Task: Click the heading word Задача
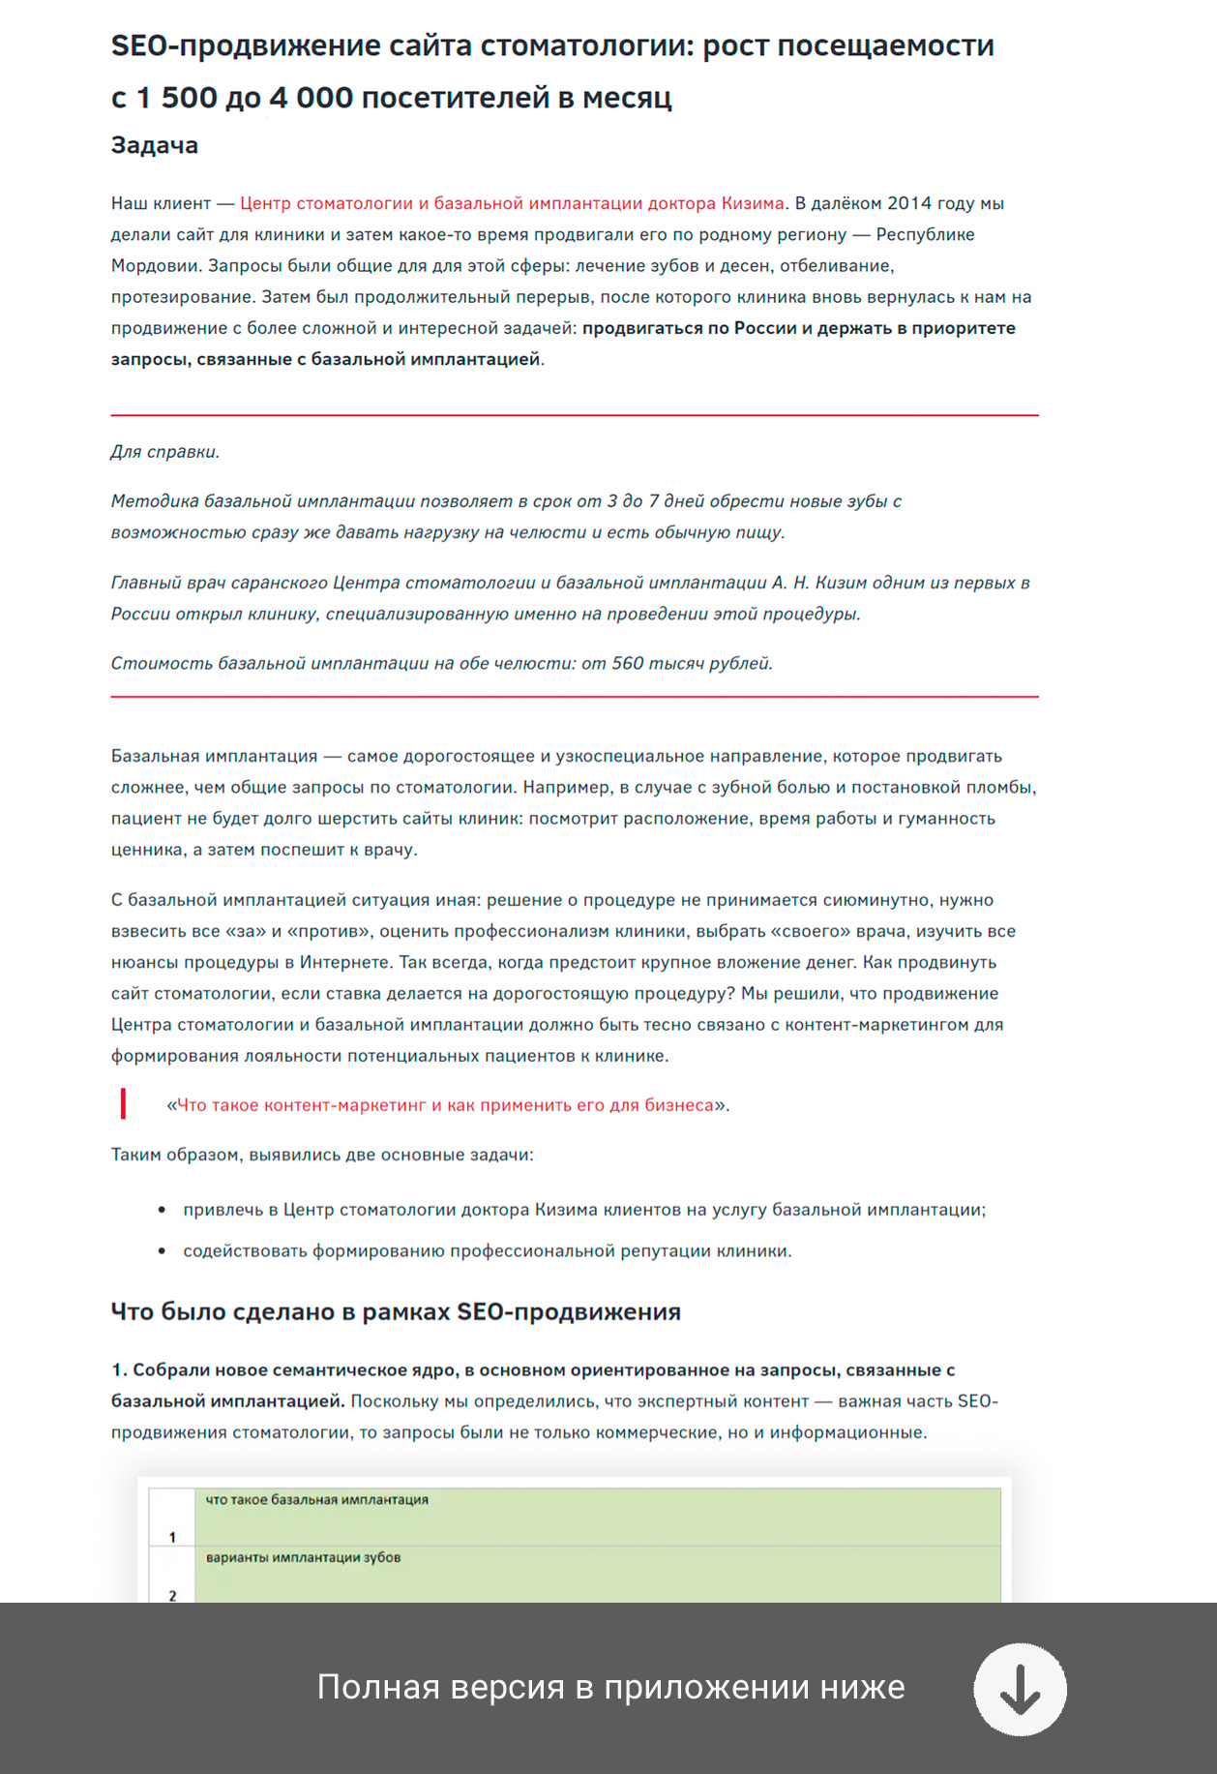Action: point(155,145)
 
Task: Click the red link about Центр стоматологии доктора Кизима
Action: point(512,203)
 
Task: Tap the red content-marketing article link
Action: point(445,1105)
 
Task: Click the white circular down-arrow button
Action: point(1020,1690)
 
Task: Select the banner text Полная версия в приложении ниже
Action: point(610,1687)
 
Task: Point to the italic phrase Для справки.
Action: point(164,452)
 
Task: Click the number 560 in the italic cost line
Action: point(627,663)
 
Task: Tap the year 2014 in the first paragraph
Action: point(909,203)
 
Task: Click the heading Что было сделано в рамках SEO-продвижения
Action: point(396,1311)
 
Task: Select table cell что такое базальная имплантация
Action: point(317,1500)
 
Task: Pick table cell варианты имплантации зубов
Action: point(303,1558)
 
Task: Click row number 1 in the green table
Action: point(172,1537)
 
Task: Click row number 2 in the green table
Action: point(172,1595)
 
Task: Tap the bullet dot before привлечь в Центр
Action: point(162,1210)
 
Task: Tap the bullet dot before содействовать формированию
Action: point(162,1251)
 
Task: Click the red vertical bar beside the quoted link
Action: point(123,1104)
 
